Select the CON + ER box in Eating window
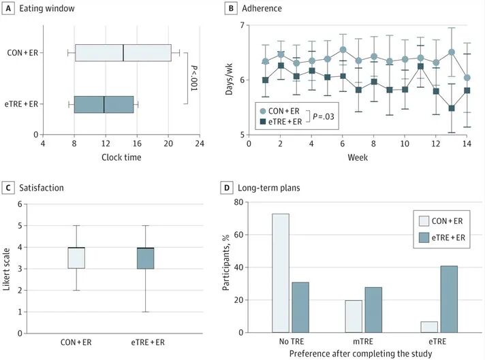coord(123,52)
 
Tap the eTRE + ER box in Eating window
coord(104,104)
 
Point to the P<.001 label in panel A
coord(193,78)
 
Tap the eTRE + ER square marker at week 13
coord(451,108)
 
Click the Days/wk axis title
coord(229,80)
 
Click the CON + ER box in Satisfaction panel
coord(76,258)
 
